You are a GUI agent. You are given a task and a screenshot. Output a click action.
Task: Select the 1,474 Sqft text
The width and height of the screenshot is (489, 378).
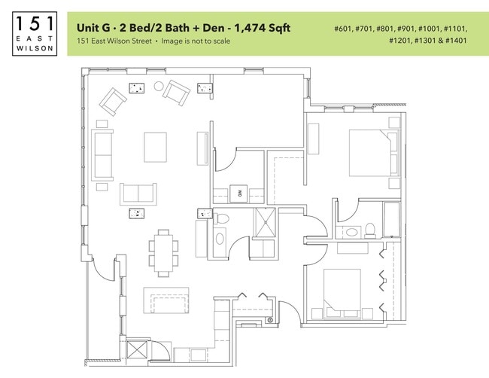[x=262, y=28]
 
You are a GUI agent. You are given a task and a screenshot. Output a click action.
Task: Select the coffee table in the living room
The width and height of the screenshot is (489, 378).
[x=155, y=146]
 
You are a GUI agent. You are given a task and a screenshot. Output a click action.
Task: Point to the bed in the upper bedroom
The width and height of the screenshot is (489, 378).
[x=369, y=153]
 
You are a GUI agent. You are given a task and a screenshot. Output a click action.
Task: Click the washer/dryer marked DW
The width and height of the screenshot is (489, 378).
[x=241, y=194]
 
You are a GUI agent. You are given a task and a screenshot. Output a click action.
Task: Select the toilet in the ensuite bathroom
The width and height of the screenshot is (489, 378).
[x=370, y=230]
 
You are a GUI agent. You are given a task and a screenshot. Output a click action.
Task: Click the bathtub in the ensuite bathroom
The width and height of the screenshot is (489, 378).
[x=392, y=220]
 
